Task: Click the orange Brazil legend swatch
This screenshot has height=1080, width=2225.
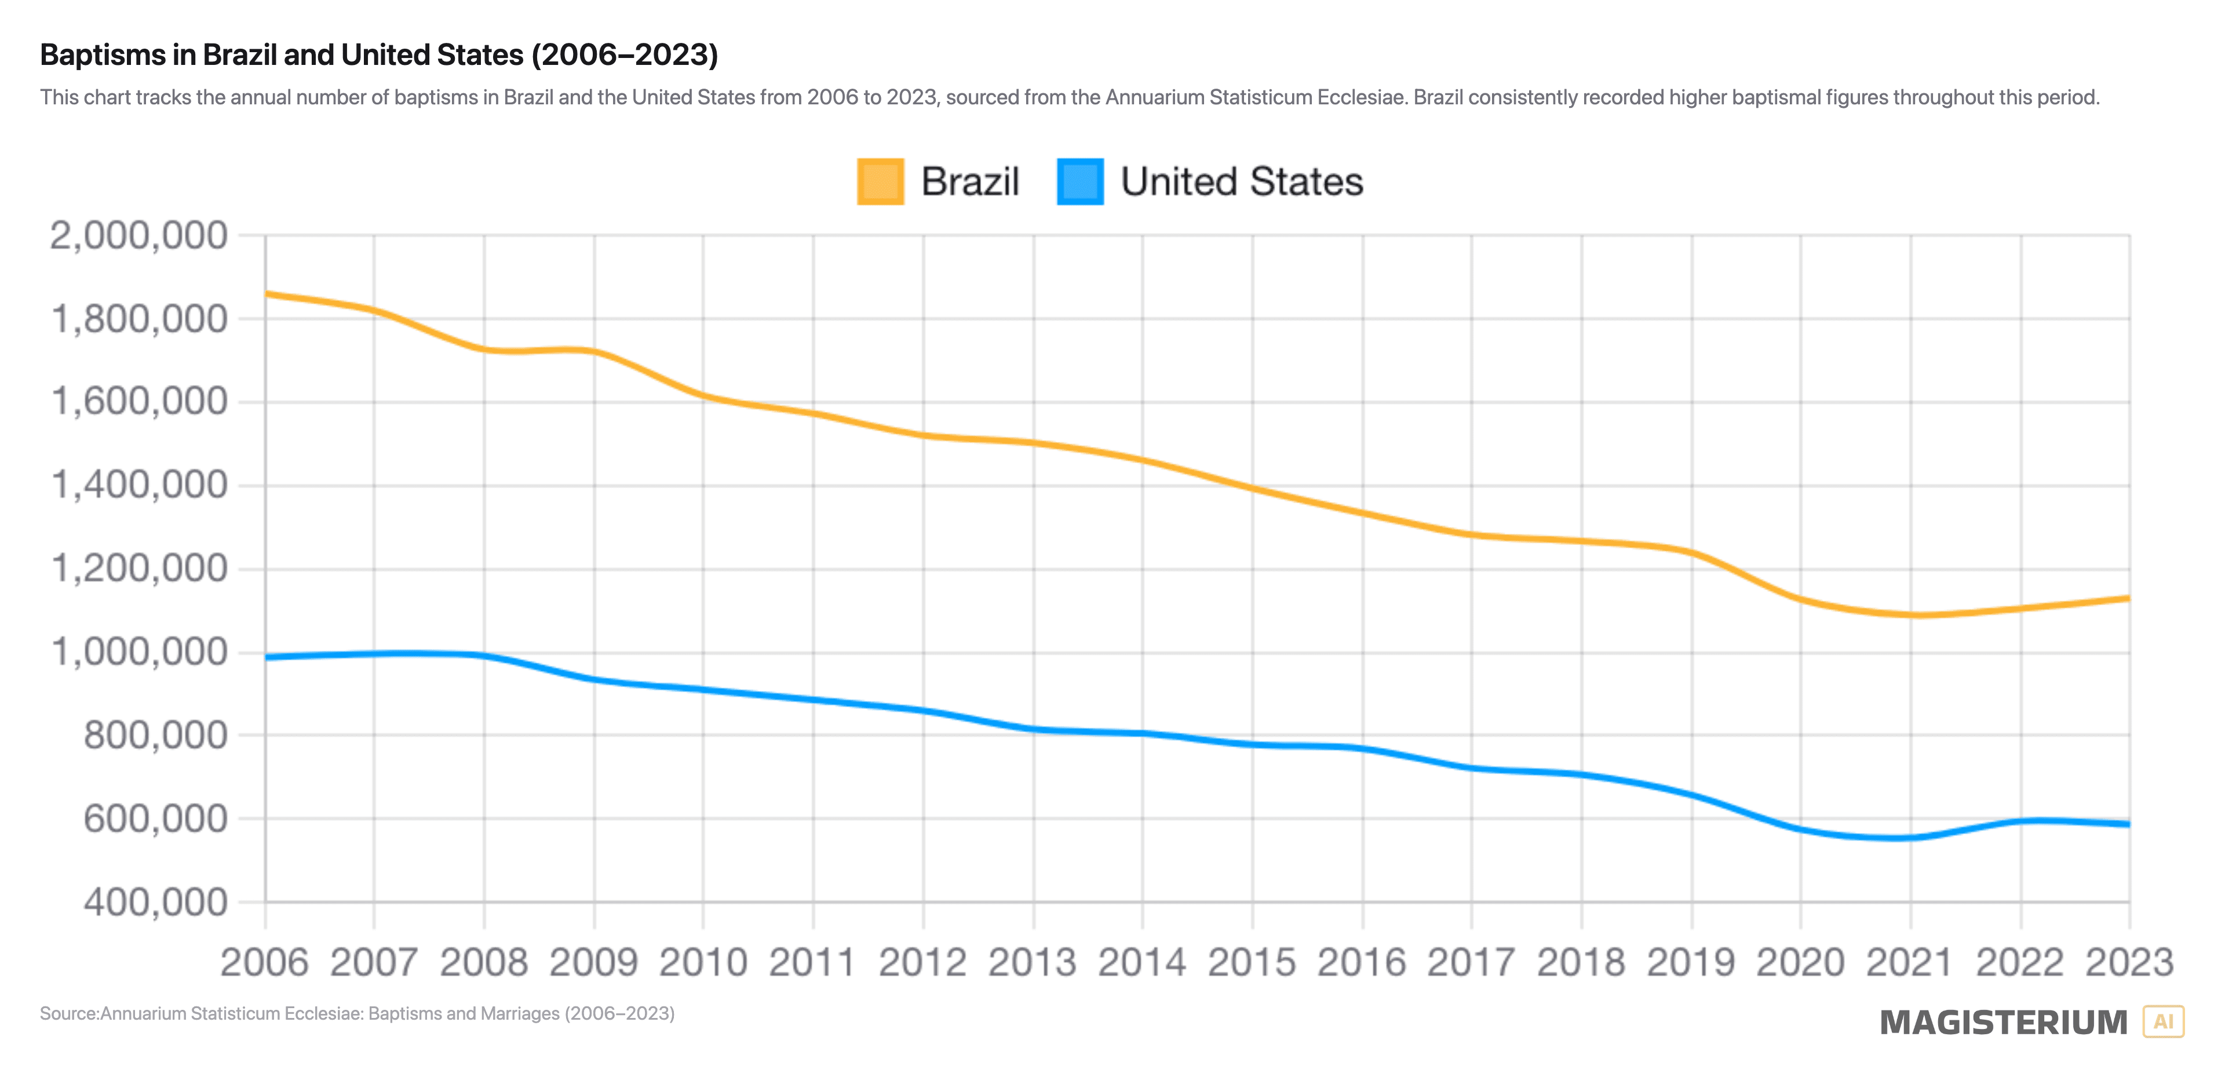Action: (880, 181)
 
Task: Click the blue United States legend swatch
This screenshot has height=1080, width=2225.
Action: (1079, 181)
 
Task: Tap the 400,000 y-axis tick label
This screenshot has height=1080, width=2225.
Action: (155, 902)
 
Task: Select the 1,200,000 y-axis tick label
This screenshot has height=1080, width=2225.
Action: (139, 569)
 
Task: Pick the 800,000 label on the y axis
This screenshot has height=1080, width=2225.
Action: (155, 735)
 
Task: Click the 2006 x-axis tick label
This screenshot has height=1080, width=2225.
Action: (264, 962)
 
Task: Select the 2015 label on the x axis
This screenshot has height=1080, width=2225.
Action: (1252, 962)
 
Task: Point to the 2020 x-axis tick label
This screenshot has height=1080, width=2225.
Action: (1800, 962)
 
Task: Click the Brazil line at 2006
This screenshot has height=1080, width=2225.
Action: (266, 294)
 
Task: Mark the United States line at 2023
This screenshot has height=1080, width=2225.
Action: (2128, 823)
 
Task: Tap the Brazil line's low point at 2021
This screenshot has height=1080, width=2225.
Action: (1910, 615)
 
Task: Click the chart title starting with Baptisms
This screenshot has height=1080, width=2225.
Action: (379, 54)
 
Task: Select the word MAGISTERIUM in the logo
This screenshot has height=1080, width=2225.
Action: (2004, 1022)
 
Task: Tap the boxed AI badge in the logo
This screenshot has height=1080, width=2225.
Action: (2163, 1021)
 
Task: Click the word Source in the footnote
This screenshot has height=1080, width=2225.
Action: (68, 1013)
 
